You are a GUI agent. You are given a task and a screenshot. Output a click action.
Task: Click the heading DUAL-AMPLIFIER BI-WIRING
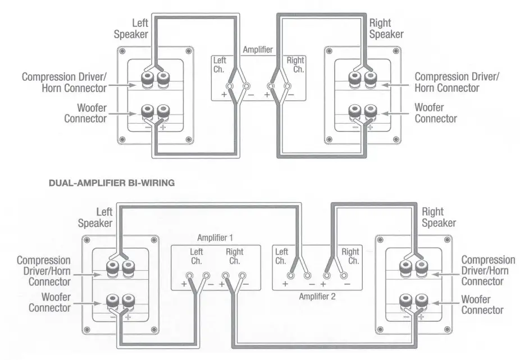click(112, 182)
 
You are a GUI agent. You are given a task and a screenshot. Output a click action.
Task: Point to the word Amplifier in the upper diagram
click(258, 49)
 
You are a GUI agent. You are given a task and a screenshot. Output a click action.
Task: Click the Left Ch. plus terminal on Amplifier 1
click(189, 276)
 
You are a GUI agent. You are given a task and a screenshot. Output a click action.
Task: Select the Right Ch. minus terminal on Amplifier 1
click(243, 276)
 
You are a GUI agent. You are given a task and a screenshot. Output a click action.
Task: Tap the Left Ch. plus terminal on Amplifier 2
click(290, 275)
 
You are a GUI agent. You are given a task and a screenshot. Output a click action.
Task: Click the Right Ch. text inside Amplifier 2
click(350, 257)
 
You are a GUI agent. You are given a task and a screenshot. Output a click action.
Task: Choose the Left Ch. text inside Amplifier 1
click(197, 257)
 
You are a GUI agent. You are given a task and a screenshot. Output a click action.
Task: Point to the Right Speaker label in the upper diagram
click(386, 29)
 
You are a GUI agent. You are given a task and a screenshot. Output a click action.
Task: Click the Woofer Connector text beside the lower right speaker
click(482, 305)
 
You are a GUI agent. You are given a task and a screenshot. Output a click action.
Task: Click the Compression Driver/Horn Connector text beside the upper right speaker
click(456, 82)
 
